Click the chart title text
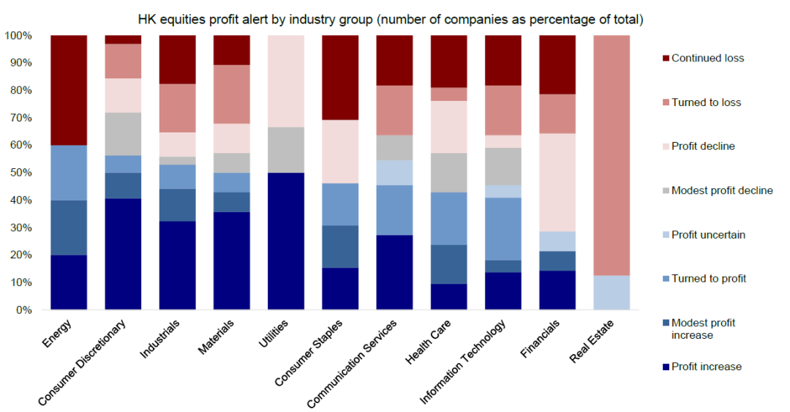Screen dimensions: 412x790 click(395, 18)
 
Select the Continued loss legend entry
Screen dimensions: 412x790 click(707, 58)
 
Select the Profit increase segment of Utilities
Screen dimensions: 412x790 click(286, 241)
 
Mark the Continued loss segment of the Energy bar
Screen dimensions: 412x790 click(69, 90)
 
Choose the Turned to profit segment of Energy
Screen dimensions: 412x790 click(69, 173)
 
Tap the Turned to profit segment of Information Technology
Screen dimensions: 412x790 click(503, 229)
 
